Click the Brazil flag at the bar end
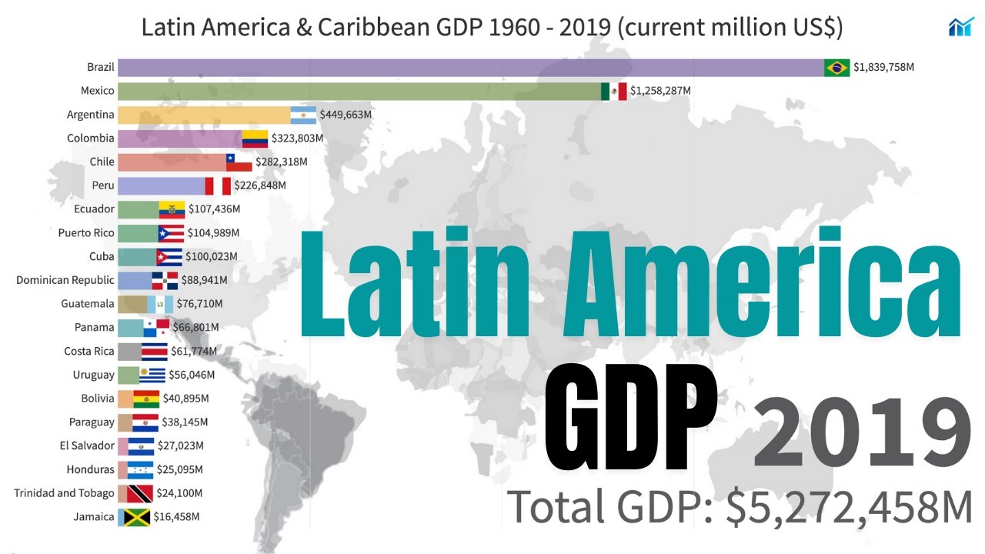pyautogui.click(x=836, y=68)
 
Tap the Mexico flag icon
pyautogui.click(x=614, y=92)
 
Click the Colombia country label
pyautogui.click(x=92, y=138)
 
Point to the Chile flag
pyautogui.click(x=239, y=162)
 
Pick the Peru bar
pyautogui.click(x=162, y=185)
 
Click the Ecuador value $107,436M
pyautogui.click(x=214, y=209)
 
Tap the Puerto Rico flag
pyautogui.click(x=171, y=233)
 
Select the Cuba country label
pyautogui.click(x=102, y=256)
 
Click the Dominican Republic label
pyautogui.click(x=65, y=280)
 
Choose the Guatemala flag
pyautogui.click(x=161, y=304)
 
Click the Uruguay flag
pyautogui.click(x=152, y=375)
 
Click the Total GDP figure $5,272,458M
pyautogui.click(x=849, y=506)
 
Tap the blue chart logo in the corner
pyautogui.click(x=960, y=27)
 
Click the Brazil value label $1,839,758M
pyautogui.click(x=883, y=68)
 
